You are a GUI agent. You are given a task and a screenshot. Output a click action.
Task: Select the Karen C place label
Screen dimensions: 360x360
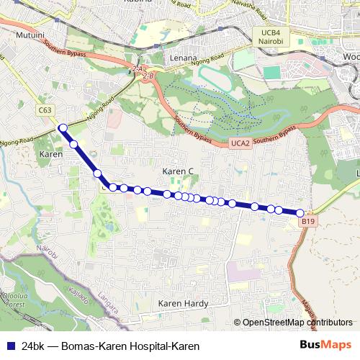[x=178, y=171]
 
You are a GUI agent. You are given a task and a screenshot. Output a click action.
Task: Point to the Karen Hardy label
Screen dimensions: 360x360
[x=183, y=304]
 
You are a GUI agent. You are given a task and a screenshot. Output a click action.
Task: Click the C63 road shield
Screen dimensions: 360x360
[x=45, y=110]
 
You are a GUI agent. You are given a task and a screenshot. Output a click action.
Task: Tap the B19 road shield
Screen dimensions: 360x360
[x=307, y=222]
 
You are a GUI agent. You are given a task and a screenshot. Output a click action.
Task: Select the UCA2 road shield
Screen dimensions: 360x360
[x=240, y=144]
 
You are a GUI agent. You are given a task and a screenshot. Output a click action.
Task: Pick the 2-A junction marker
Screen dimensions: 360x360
[x=138, y=68]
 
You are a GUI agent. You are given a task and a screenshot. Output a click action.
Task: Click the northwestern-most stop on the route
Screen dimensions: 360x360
[x=63, y=128]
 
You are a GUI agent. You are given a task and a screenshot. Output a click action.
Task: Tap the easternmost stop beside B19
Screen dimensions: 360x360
[x=300, y=212]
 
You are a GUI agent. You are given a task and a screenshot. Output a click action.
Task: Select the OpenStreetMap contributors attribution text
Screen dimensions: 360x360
[x=297, y=323]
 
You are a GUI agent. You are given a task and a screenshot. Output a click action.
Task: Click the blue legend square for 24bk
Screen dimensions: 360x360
[x=11, y=346]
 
